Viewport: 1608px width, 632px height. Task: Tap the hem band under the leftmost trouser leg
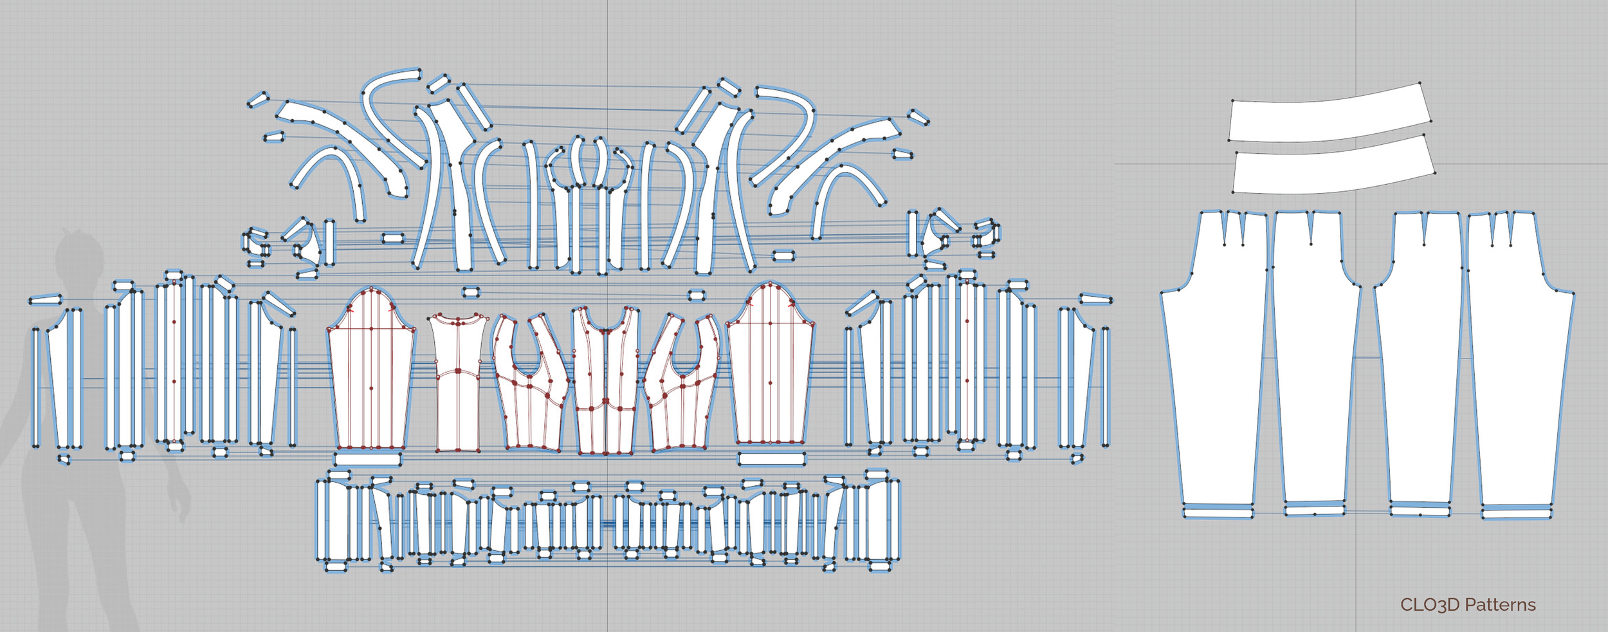click(1218, 512)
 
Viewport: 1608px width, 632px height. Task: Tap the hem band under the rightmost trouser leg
click(1517, 512)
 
